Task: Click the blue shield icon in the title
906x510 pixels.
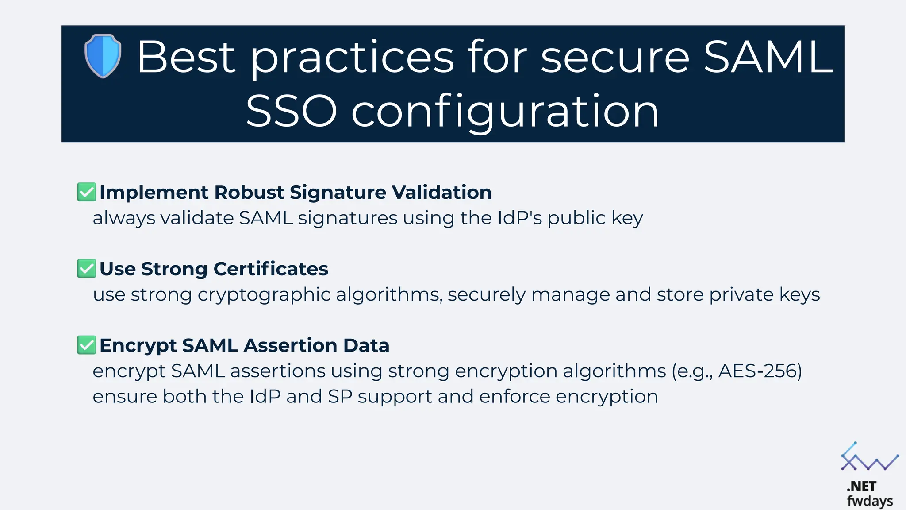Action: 103,56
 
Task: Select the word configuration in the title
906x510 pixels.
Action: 505,112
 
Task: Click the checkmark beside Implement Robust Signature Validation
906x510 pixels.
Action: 86,192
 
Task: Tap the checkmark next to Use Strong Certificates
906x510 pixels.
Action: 86,269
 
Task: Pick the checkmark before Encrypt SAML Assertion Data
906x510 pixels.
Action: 86,345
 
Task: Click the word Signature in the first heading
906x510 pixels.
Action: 338,193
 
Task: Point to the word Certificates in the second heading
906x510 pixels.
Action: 271,269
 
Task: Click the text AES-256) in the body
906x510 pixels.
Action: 760,371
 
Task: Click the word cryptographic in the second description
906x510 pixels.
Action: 264,295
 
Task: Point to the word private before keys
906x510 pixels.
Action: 741,295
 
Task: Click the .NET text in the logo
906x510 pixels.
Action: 861,486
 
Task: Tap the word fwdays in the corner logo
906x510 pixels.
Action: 870,501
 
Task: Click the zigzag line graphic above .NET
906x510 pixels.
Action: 869,459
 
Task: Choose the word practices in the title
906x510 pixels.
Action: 352,58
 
